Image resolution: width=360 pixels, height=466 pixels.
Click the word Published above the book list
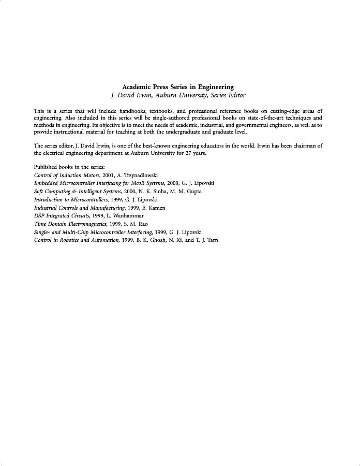pyautogui.click(x=46, y=168)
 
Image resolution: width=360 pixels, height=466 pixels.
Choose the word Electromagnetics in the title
pyautogui.click(x=81, y=224)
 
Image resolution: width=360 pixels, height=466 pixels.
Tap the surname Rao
pyautogui.click(x=143, y=224)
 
